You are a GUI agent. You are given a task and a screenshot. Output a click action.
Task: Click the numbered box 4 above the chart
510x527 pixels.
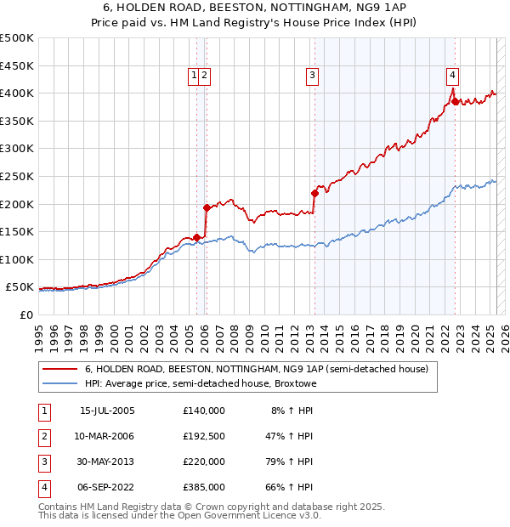(453, 74)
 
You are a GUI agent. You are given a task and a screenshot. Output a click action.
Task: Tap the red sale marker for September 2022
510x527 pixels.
(455, 101)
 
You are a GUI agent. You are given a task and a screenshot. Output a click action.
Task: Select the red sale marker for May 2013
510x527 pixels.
(314, 193)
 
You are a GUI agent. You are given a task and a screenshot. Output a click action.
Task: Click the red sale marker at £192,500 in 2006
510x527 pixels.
(207, 207)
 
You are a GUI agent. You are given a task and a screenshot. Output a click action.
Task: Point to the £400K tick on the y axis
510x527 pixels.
(17, 93)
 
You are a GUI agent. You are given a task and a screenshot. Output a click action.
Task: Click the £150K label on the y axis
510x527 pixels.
(17, 231)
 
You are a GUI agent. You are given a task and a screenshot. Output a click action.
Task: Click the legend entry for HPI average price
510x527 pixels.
(201, 383)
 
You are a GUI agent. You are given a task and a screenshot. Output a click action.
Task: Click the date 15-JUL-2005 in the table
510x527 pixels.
(107, 411)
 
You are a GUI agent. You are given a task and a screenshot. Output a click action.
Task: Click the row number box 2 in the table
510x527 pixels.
(42, 436)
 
